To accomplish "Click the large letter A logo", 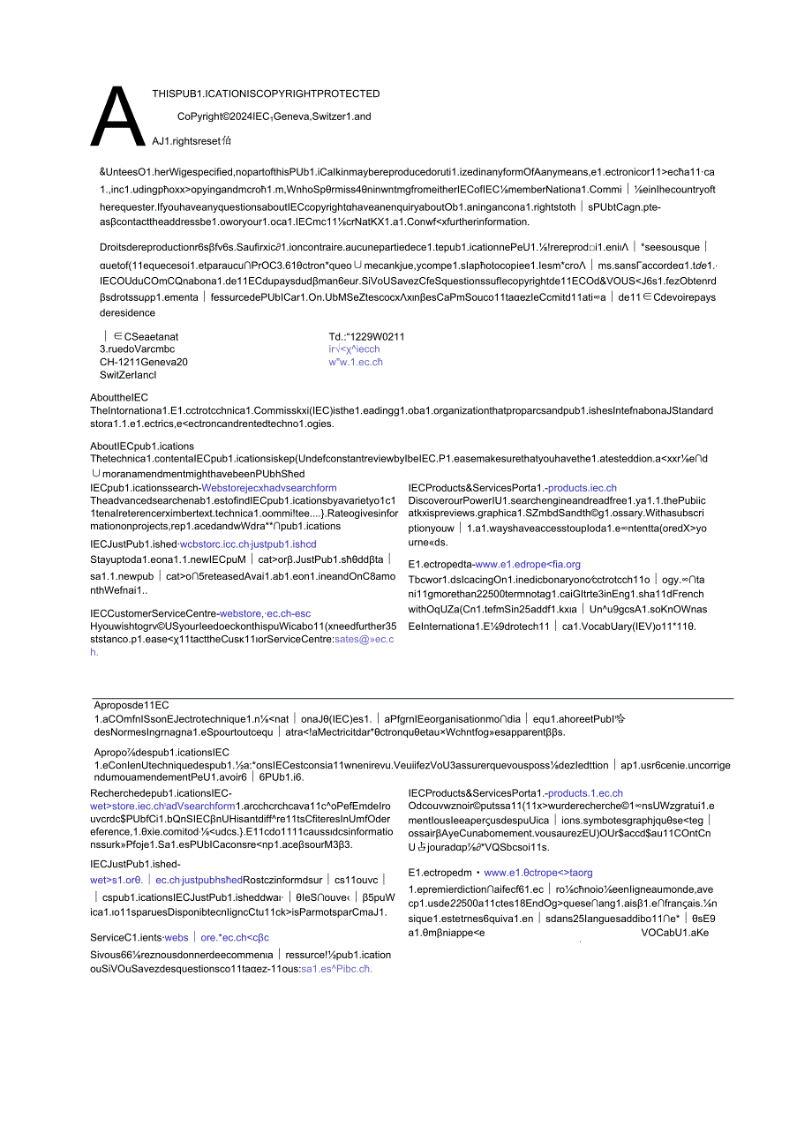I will click(x=117, y=117).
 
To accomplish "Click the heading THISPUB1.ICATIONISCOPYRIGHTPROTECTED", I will click(x=266, y=94).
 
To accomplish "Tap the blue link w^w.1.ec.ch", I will click(x=356, y=362).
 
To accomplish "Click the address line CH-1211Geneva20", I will click(x=144, y=362).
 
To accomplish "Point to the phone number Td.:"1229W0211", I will click(x=366, y=336).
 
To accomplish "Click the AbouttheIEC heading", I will click(x=119, y=398).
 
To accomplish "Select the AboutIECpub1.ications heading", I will click(x=142, y=446).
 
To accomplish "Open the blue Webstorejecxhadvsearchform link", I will click(x=268, y=488).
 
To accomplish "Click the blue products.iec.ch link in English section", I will click(x=583, y=488).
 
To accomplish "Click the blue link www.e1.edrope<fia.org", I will click(x=528, y=564).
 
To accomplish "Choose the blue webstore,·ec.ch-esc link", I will click(x=265, y=613).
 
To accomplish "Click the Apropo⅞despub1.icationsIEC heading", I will click(x=162, y=752).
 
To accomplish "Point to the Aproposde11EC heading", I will click(x=132, y=705).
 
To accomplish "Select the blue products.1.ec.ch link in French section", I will click(x=585, y=793).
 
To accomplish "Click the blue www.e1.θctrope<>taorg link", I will click(x=538, y=873).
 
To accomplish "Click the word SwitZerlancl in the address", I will click(x=128, y=375).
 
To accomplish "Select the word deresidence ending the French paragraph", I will click(x=127, y=312).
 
